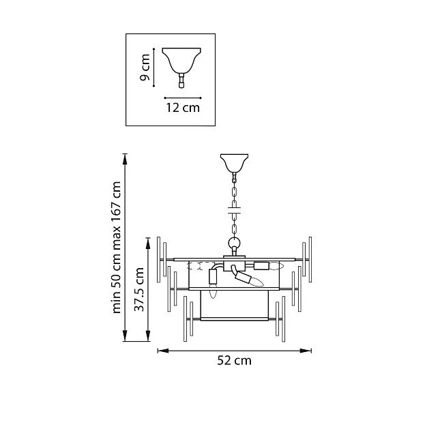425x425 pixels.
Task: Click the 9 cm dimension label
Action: pos(145,68)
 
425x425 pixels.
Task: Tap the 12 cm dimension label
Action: pos(183,108)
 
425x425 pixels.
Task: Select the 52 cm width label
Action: pos(234,360)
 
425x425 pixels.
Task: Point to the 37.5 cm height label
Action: pos(139,289)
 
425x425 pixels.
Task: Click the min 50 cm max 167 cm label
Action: pos(116,248)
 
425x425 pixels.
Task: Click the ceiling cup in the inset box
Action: pos(181,61)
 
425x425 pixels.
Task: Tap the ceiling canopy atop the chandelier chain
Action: pos(234,163)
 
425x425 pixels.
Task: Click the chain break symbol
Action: pos(234,211)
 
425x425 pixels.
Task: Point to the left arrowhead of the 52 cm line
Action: pos(162,351)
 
